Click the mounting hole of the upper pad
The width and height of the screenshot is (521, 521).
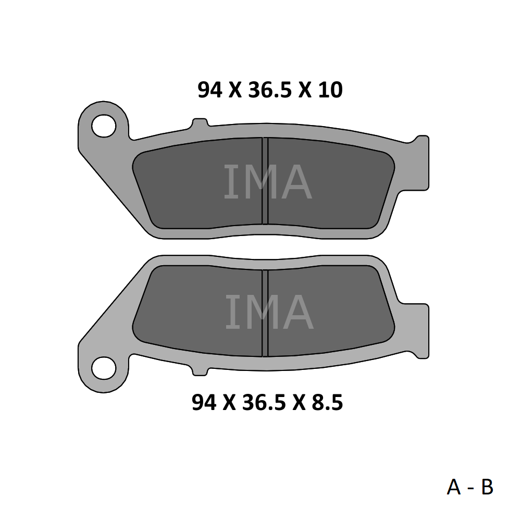(104, 126)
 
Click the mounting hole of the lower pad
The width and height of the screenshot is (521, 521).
(104, 368)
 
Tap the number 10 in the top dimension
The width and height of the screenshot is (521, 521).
(330, 90)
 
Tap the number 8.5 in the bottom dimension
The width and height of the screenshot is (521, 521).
(327, 402)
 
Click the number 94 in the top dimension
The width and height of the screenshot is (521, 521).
(209, 90)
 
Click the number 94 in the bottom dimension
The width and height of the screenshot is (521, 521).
(204, 402)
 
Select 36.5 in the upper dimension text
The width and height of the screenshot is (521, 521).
(270, 90)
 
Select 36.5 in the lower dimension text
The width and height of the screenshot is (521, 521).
(264, 402)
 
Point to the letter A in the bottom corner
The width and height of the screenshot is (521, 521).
(454, 487)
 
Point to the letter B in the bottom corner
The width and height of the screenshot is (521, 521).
(487, 487)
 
